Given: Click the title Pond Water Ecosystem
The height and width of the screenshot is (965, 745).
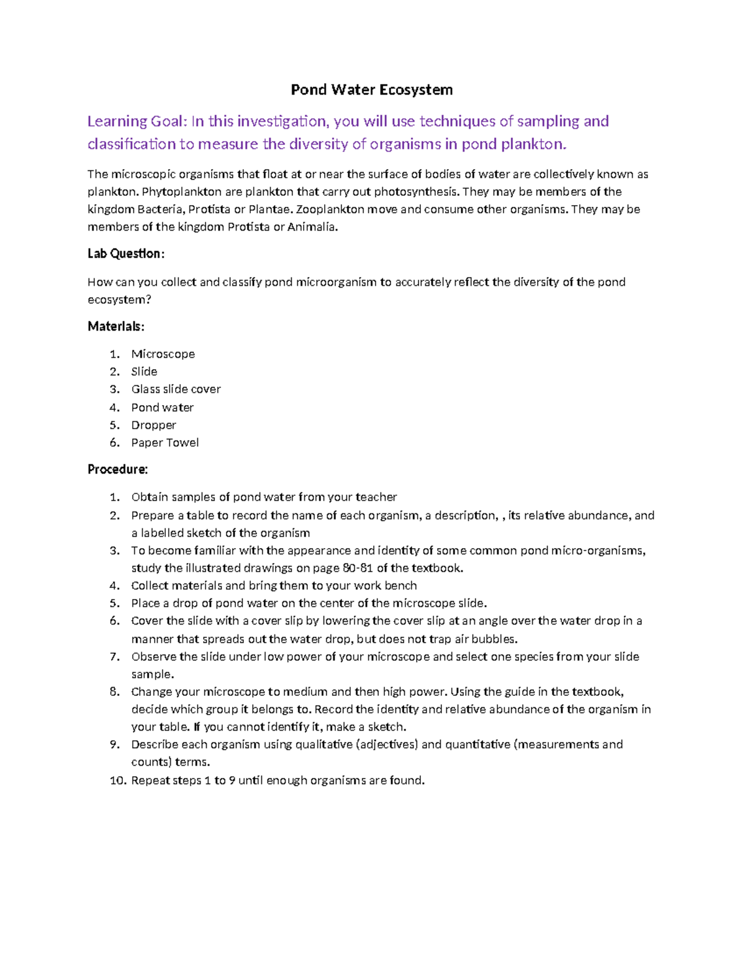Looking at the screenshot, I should tap(372, 90).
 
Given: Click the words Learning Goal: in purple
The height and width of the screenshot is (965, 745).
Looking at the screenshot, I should tap(136, 121).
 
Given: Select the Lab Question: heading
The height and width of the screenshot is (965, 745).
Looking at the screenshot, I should tap(126, 254).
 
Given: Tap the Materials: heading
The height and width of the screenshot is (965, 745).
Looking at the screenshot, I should tap(116, 326).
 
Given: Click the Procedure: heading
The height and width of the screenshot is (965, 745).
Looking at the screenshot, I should tap(118, 469).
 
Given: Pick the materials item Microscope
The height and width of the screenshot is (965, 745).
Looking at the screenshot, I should tap(163, 354).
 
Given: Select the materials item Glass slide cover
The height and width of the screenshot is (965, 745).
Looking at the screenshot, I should tap(176, 389).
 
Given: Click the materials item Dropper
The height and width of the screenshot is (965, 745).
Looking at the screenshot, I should tap(153, 425).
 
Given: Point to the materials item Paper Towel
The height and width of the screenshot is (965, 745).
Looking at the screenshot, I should tap(165, 442).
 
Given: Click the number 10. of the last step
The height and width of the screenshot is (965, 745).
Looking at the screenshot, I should tap(118, 780).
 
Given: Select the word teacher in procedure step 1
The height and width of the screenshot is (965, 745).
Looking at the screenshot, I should tap(376, 497).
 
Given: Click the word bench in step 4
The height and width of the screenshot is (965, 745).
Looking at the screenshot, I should tap(400, 585).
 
